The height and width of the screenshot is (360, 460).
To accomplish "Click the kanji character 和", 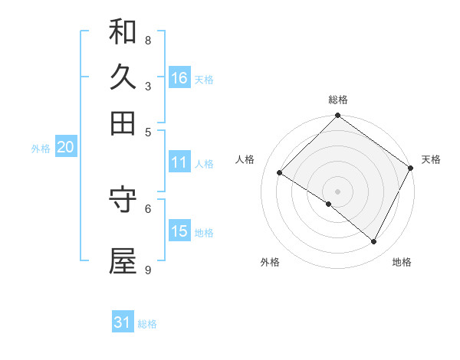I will click(x=123, y=31).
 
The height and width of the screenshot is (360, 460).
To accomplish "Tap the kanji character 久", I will click(x=123, y=77).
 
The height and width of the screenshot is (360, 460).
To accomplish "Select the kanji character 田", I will click(x=123, y=123).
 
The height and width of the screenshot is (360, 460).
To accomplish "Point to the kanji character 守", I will click(x=123, y=198).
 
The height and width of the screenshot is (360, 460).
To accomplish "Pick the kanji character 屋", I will click(x=123, y=261).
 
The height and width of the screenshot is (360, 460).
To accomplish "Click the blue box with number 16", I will click(x=179, y=77).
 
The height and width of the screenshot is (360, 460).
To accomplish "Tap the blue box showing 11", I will click(x=179, y=162).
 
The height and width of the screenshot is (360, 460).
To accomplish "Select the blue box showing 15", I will click(x=179, y=231).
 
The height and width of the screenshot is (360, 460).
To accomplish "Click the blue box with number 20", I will click(x=65, y=148).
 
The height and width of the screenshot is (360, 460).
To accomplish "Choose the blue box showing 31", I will click(x=123, y=322).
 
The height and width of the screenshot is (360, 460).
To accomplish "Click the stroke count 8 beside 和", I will click(x=148, y=40).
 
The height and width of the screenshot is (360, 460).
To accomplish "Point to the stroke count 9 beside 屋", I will click(x=148, y=270).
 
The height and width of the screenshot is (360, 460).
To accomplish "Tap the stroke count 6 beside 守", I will click(x=148, y=207).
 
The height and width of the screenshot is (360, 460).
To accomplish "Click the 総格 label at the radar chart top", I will click(x=338, y=100).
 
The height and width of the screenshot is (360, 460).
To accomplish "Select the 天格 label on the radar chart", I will click(x=431, y=159).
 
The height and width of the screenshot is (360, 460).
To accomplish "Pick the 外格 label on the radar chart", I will click(x=270, y=262).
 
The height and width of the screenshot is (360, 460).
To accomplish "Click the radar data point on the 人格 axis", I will click(x=280, y=173).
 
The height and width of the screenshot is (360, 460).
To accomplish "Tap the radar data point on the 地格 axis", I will click(x=374, y=242).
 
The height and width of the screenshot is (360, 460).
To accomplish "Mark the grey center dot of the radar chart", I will click(x=337, y=191).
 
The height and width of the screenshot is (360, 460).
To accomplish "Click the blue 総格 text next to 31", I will click(x=148, y=324).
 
